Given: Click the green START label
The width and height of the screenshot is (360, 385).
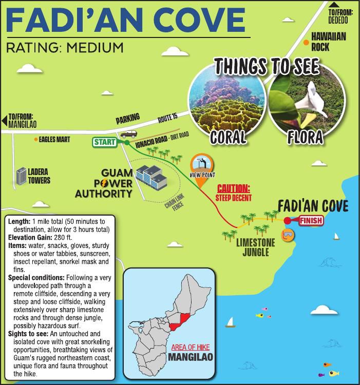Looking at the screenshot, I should click(x=104, y=142).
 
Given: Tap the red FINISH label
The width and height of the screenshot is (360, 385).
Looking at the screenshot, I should click(x=311, y=221).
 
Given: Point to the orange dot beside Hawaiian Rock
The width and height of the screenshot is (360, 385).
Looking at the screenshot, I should click(x=306, y=42).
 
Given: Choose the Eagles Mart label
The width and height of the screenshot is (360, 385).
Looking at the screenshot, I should click(x=53, y=139).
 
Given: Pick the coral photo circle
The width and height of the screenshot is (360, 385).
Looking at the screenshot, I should click(x=227, y=101).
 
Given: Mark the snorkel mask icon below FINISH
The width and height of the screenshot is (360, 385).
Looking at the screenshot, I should click(x=290, y=235).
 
